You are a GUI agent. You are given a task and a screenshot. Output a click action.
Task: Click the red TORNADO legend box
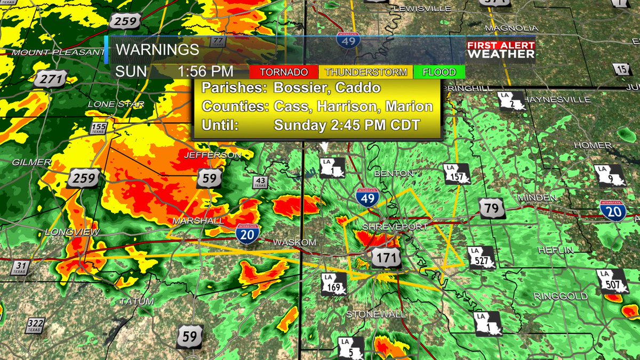(283, 72)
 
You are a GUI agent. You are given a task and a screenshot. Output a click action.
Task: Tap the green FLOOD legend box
(438, 72)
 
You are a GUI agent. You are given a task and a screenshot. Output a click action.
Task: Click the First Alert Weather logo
(501, 50)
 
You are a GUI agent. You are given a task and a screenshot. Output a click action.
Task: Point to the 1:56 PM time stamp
(205, 71)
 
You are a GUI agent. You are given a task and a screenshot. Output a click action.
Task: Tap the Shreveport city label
(395, 227)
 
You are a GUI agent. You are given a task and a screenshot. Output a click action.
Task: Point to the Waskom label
(291, 243)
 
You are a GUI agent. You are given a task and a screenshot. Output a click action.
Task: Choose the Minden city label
(534, 198)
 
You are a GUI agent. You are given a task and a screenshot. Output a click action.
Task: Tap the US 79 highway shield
(492, 208)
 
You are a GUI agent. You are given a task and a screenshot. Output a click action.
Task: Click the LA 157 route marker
(458, 173)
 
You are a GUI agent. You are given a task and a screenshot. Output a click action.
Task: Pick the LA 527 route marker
(481, 257)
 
